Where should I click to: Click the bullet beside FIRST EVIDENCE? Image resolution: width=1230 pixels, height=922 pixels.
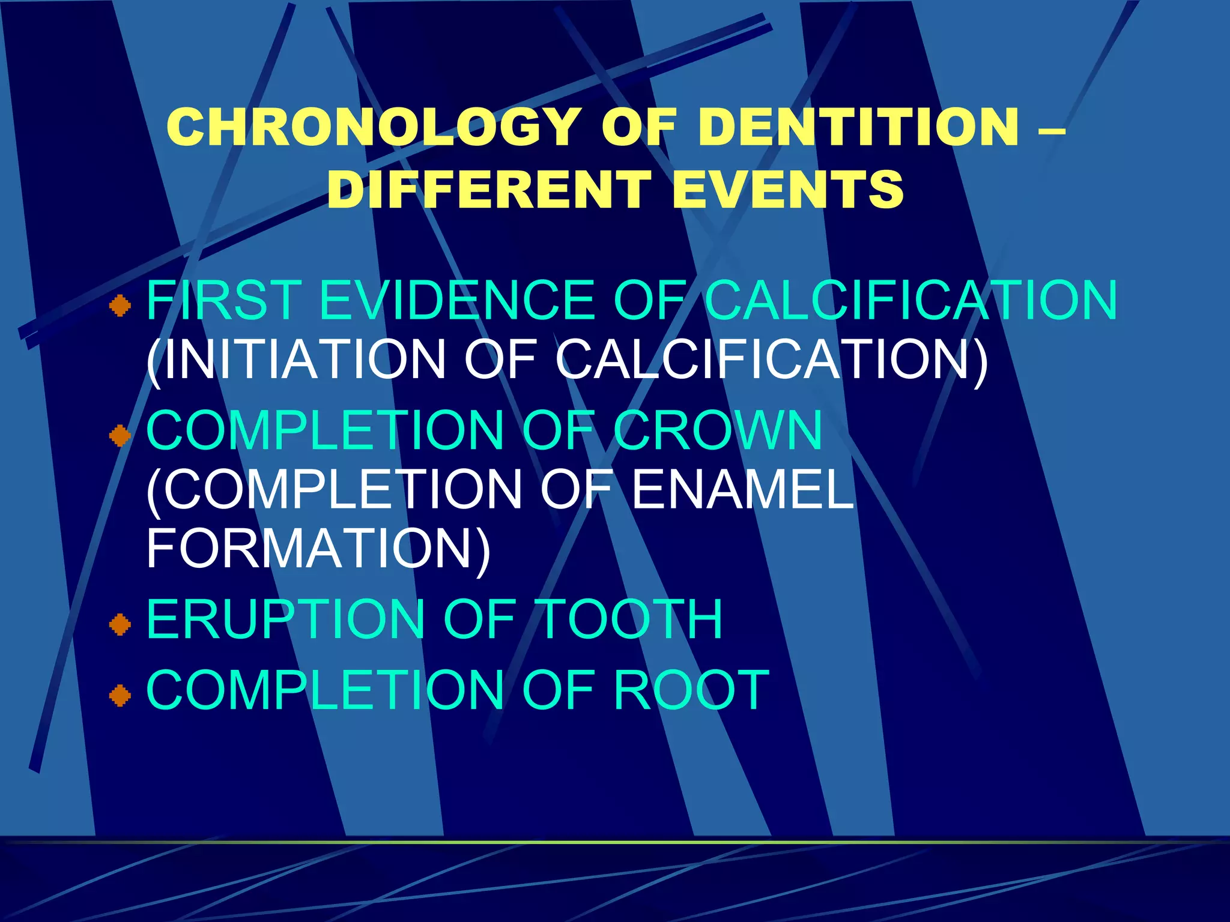tap(120, 306)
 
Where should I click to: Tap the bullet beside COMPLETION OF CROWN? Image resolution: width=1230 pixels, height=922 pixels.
tap(120, 436)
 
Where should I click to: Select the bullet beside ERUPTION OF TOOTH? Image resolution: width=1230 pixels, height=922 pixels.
tap(120, 624)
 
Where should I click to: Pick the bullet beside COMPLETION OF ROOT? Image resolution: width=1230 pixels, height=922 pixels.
tap(120, 696)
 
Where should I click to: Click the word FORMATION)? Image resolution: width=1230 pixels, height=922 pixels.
tap(318, 548)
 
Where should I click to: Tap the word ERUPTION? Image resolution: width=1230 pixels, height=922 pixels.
tap(286, 619)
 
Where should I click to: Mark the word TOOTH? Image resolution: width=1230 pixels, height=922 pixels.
tap(630, 619)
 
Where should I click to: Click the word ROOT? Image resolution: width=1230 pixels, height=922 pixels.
tap(691, 690)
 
